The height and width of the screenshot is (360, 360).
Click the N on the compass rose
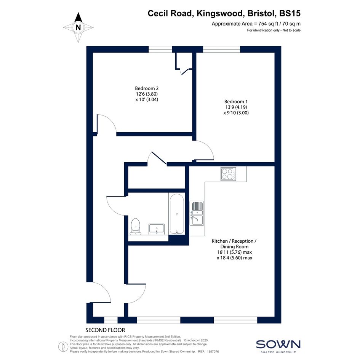(x=78, y=27)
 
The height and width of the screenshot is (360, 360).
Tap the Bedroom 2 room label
(x=147, y=88)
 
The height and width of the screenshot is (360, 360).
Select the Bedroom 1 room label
(x=236, y=101)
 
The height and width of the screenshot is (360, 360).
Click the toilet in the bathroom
(x=136, y=227)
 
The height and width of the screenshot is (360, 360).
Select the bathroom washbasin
(x=157, y=229)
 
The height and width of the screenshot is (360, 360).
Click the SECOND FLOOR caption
(x=105, y=330)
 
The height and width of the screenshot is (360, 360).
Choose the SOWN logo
(x=278, y=344)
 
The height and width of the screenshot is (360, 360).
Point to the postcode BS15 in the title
(x=290, y=13)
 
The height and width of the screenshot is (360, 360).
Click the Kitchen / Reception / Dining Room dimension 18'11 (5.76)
(x=230, y=252)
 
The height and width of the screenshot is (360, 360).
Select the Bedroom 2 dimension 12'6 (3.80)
(x=147, y=94)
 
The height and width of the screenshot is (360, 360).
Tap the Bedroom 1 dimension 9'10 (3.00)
(x=238, y=113)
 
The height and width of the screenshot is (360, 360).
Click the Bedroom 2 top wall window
(x=160, y=49)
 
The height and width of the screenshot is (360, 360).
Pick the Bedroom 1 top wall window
(x=222, y=49)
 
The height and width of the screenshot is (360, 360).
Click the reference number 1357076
(x=213, y=352)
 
